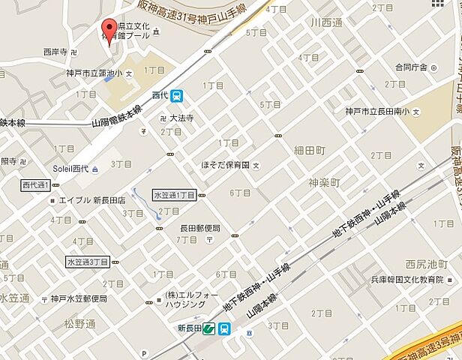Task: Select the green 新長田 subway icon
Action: coord(209,328)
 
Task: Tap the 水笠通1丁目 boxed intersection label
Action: coord(175,194)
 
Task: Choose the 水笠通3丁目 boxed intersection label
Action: coord(88,262)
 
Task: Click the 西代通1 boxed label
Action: coord(35,184)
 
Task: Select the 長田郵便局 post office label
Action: coord(199,228)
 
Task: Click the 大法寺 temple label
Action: coord(181,118)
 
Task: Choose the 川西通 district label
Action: coord(326,23)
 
